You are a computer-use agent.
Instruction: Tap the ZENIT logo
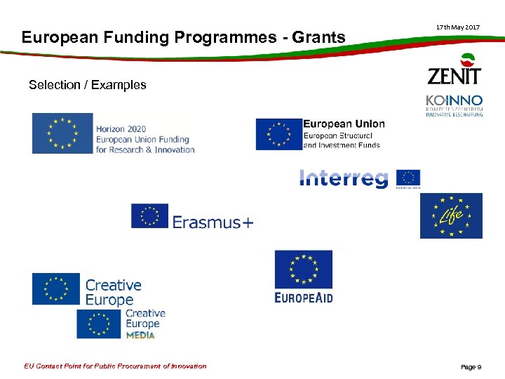coord(454,69)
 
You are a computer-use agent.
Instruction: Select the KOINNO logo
coord(454,105)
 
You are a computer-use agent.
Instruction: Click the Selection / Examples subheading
coord(88,85)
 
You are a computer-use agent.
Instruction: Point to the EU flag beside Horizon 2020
coord(62,133)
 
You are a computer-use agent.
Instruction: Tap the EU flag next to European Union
coord(278,134)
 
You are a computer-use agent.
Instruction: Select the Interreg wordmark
coord(344,179)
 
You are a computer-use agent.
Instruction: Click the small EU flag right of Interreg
coord(408,178)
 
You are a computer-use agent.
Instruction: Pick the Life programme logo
coord(451,215)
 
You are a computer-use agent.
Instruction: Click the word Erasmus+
coord(213,222)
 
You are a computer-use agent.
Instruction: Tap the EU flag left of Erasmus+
coord(150,216)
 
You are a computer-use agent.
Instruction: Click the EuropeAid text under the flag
coord(304,298)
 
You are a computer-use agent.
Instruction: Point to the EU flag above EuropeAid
coord(304,270)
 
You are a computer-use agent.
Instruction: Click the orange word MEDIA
coord(140,335)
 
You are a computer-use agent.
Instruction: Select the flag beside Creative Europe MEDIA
coord(99,324)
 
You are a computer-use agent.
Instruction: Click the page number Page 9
coord(471,367)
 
